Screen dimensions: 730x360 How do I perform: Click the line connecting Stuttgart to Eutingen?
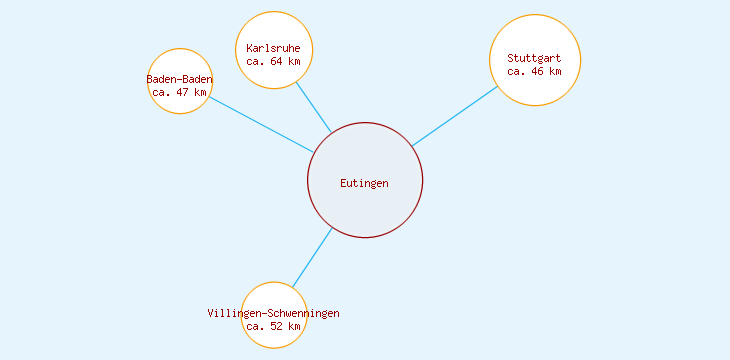[x=455, y=116]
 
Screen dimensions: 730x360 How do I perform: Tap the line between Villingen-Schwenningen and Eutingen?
[x=312, y=258]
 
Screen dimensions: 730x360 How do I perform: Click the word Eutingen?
[x=364, y=183]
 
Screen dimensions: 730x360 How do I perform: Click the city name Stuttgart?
[x=534, y=58]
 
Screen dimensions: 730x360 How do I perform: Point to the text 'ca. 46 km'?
[x=534, y=71]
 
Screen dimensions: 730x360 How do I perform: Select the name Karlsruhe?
[x=273, y=48]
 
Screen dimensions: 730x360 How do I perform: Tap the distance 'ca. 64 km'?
[x=273, y=61]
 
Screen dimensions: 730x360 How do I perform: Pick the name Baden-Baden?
[x=180, y=79]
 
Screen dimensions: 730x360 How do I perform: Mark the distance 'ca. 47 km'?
[x=180, y=92]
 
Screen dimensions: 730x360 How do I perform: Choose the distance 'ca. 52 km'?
[x=273, y=326]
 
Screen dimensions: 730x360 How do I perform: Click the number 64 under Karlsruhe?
[x=276, y=61]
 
